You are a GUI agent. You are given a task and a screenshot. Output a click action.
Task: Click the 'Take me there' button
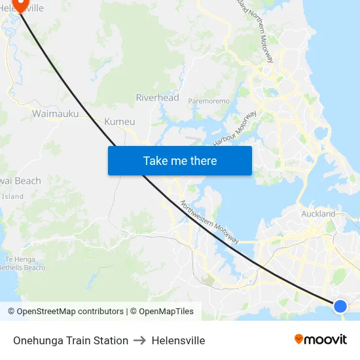click(x=180, y=160)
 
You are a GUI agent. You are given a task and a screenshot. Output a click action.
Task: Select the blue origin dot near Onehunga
click(x=340, y=306)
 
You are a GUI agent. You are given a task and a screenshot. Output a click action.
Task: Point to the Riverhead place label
click(x=157, y=98)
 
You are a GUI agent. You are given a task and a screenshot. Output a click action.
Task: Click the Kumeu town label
click(x=119, y=122)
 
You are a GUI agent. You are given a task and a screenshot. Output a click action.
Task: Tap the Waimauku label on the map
click(x=55, y=114)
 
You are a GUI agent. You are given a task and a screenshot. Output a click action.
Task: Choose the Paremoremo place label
click(x=209, y=101)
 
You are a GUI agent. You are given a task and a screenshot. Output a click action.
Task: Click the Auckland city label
click(x=318, y=214)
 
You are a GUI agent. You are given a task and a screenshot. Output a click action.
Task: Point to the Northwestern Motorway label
click(x=209, y=222)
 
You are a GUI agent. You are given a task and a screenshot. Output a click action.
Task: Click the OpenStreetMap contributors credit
click(x=69, y=312)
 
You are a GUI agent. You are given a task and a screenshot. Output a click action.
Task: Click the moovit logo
click(x=320, y=340)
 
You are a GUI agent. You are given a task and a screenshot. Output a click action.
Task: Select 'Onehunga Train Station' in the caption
click(x=71, y=340)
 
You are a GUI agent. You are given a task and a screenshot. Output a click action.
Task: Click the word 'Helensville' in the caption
click(x=178, y=340)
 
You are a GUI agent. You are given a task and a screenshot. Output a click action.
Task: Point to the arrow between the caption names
click(x=140, y=340)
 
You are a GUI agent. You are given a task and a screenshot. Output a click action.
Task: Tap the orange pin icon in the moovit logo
click(x=299, y=340)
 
